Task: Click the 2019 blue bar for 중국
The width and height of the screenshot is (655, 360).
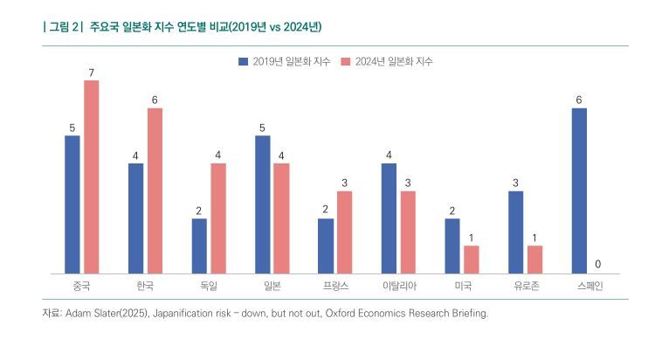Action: (x=72, y=204)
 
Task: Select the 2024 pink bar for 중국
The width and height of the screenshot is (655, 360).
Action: (x=91, y=177)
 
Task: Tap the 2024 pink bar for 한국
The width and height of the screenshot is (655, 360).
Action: (x=155, y=190)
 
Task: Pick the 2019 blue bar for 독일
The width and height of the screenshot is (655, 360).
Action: (x=199, y=246)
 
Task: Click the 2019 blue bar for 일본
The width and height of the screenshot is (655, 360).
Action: (x=263, y=204)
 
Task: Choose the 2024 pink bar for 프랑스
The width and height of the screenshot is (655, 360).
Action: (x=344, y=232)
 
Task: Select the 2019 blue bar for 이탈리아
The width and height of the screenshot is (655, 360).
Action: (x=389, y=218)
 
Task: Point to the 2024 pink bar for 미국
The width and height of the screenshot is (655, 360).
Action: (x=471, y=260)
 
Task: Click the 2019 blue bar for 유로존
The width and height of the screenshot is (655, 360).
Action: (x=515, y=232)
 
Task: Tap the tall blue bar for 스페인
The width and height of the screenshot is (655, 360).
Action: (x=579, y=190)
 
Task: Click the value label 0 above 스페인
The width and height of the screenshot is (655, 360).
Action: (x=597, y=264)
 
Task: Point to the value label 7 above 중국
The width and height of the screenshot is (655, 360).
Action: (x=91, y=72)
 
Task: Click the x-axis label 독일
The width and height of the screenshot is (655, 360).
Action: (x=208, y=286)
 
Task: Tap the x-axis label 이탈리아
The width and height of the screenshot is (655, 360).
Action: (x=397, y=286)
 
